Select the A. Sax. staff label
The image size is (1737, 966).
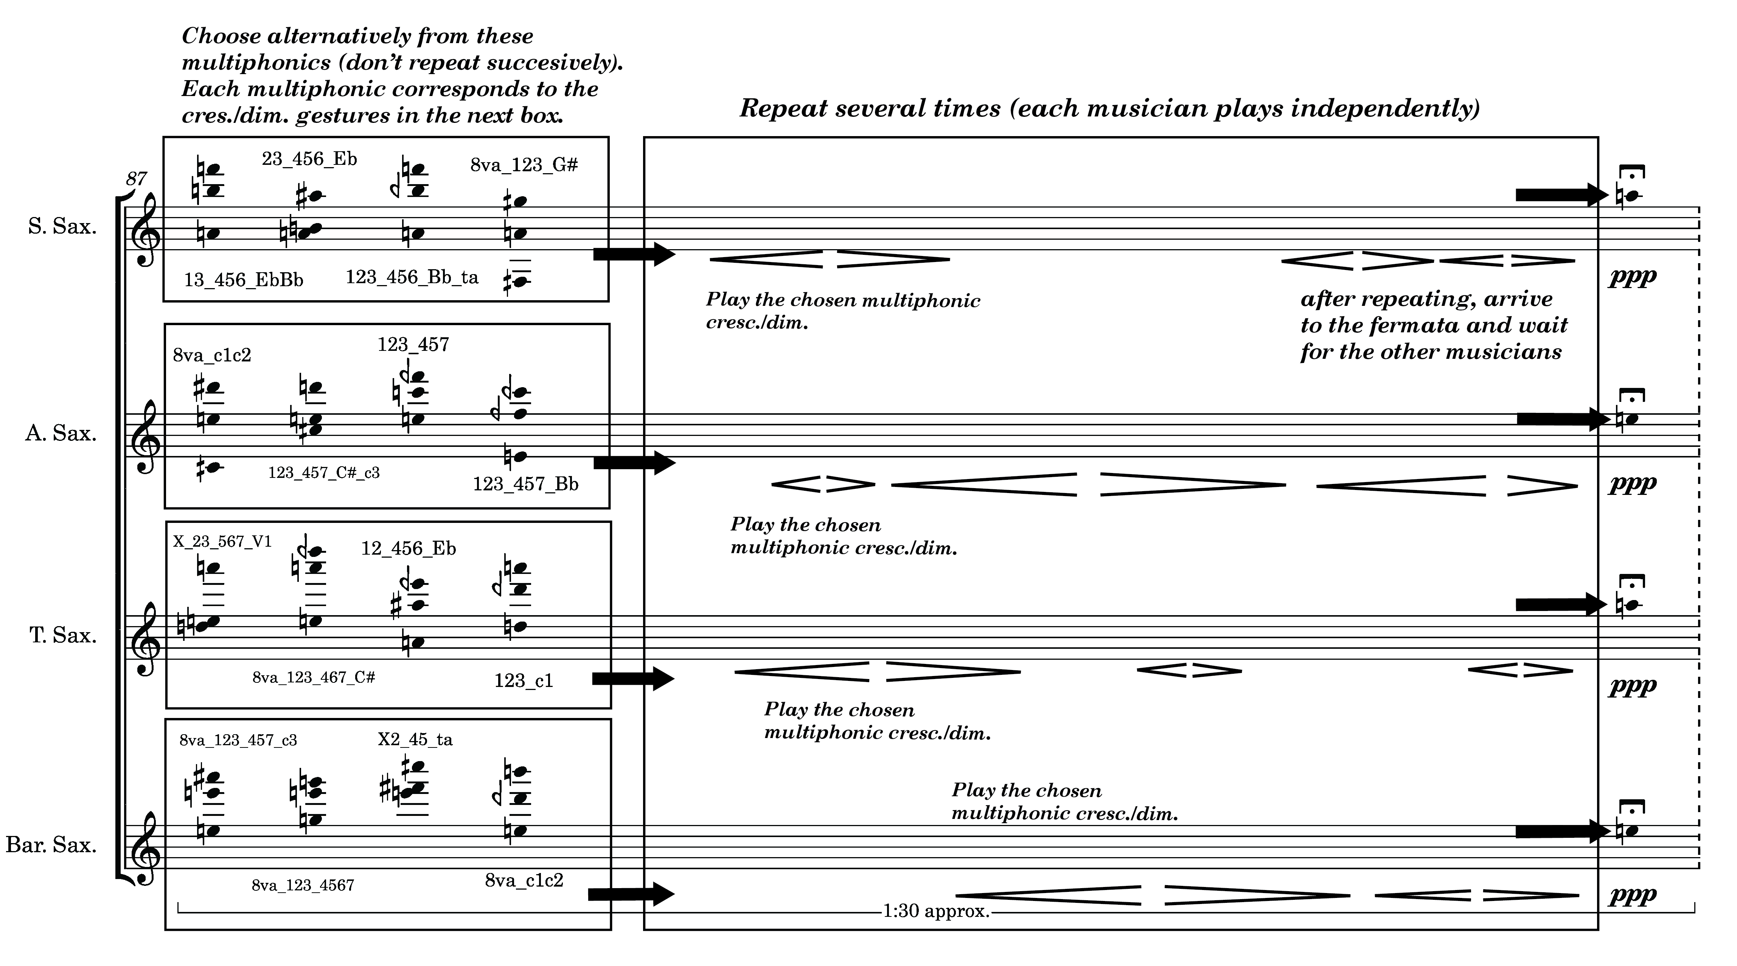(61, 433)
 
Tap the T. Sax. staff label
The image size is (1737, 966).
(63, 636)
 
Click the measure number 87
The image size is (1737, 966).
(136, 178)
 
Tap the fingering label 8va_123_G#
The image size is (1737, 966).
(524, 165)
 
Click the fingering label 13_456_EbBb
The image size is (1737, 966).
(244, 280)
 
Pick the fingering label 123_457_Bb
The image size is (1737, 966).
(525, 484)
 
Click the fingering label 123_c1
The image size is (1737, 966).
(523, 681)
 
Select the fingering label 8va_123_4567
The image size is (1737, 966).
(303, 885)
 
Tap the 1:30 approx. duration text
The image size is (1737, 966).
(936, 912)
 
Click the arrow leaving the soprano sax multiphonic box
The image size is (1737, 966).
(634, 254)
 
